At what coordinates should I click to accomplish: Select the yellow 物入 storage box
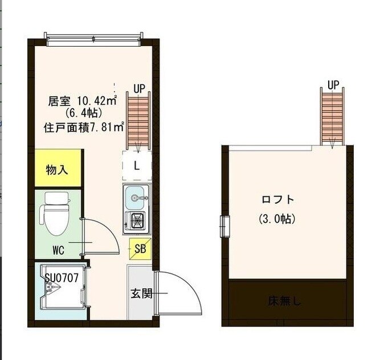58,170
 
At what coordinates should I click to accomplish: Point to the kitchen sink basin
136,198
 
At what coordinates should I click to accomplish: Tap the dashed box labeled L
137,166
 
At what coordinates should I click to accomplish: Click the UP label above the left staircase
139,88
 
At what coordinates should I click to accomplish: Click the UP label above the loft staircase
333,85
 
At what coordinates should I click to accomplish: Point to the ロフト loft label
278,199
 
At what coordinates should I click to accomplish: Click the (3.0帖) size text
277,219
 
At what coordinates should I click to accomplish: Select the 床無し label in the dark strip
285,301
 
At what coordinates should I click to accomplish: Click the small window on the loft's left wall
224,226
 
